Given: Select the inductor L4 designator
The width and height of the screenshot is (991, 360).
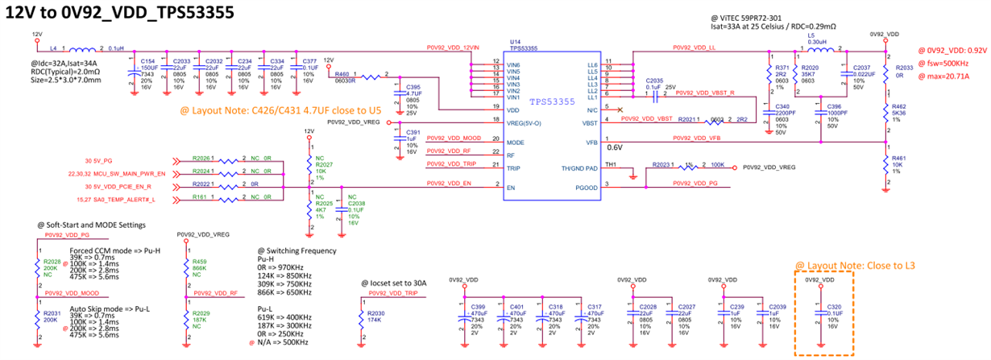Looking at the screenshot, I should coord(54,48).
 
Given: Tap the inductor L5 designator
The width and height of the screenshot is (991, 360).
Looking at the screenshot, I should coord(811,36).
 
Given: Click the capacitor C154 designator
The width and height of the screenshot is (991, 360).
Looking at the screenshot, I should coord(148,60).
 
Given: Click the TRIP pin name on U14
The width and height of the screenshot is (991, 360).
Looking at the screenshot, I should coord(512,168).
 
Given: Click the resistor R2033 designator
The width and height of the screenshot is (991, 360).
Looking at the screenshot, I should coord(905,68).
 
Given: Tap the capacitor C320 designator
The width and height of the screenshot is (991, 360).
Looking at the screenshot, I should coord(836,307).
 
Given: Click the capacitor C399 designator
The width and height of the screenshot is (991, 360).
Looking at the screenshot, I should coord(479,307).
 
